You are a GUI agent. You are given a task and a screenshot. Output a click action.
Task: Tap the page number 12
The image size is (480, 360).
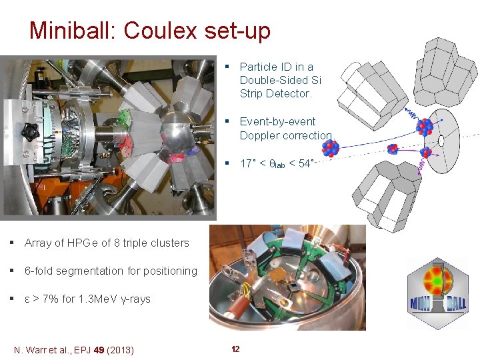pos(235,349)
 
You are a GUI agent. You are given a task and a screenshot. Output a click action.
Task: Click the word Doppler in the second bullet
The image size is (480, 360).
pos(259,135)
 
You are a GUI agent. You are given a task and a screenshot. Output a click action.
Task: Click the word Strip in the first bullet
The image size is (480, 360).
pos(252,94)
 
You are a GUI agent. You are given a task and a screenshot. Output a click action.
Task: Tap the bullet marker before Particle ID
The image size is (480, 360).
pos(227,67)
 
